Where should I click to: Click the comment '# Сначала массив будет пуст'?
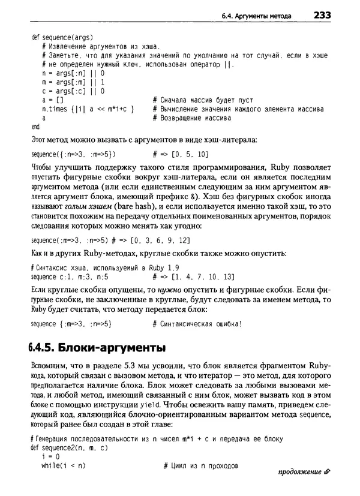point(203,100)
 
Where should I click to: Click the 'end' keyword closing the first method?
point(35,127)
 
